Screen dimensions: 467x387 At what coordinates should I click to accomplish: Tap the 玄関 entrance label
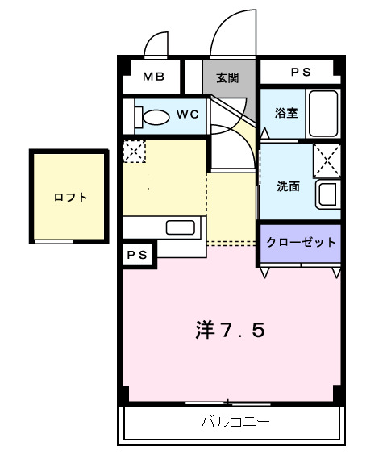click(x=227, y=77)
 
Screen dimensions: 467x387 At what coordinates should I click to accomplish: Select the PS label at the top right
click(x=301, y=73)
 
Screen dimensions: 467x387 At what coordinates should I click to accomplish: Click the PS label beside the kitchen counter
click(x=135, y=254)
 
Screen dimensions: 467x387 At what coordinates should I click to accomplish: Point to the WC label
click(x=187, y=115)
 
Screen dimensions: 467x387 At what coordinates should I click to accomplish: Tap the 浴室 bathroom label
click(x=285, y=113)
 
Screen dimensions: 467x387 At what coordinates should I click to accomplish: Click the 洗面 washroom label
click(x=288, y=186)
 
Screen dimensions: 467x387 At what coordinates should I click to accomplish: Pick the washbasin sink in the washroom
click(x=327, y=194)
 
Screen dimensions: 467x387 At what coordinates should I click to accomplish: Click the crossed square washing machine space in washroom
click(x=327, y=157)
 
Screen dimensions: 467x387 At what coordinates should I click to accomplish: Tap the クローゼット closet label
click(x=300, y=242)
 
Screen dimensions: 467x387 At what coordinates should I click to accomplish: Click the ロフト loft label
click(x=70, y=197)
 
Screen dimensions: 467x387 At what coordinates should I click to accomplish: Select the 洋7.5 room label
click(x=230, y=330)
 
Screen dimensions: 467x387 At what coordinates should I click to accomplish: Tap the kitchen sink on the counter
click(x=182, y=227)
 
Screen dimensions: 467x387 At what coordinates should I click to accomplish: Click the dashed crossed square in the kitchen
click(x=133, y=151)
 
